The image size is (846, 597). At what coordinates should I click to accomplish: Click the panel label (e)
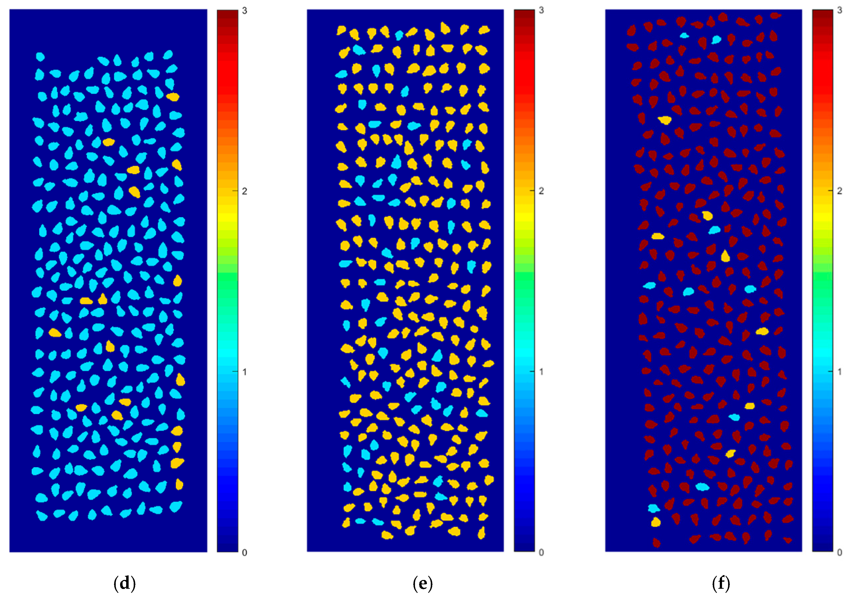click(x=423, y=584)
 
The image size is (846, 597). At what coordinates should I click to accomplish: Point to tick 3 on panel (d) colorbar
click(x=244, y=11)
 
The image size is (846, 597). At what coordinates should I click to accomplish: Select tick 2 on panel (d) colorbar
click(x=244, y=191)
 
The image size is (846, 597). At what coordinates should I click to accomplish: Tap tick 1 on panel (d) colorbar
click(x=244, y=372)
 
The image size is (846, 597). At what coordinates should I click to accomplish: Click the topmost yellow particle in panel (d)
click(x=172, y=97)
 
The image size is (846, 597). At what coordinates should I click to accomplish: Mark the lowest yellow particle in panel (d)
click(x=179, y=484)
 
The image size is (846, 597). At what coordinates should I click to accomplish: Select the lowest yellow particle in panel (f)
click(x=655, y=522)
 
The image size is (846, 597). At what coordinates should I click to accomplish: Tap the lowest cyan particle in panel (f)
click(x=654, y=508)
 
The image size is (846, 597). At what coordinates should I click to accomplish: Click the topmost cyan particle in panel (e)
click(x=399, y=35)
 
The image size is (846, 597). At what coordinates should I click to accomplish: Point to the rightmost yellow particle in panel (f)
click(x=762, y=331)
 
